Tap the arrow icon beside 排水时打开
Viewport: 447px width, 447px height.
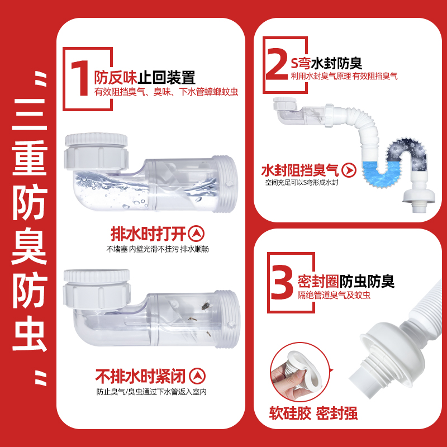tap(197, 233)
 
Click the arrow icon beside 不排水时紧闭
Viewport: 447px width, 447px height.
tap(197, 375)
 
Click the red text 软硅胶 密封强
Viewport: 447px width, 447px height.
tap(313, 413)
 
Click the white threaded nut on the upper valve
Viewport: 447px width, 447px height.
tap(97, 151)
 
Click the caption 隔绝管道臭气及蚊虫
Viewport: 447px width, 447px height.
tap(334, 295)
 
